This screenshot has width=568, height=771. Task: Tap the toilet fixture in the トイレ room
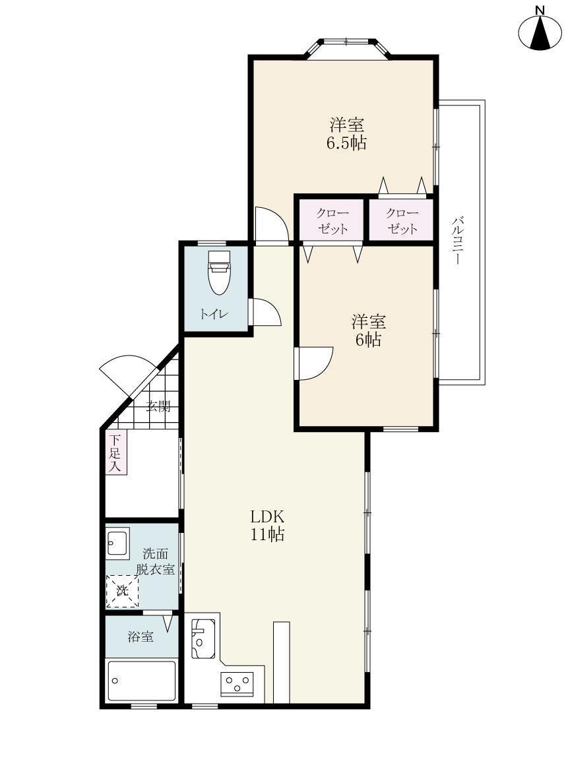click(x=219, y=272)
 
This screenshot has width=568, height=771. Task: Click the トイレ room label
click(x=214, y=314)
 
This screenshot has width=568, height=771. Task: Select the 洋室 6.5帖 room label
click(x=347, y=133)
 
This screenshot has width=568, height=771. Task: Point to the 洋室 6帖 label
click(x=368, y=330)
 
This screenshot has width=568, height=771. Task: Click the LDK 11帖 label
click(x=268, y=525)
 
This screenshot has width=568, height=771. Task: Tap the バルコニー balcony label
click(x=457, y=241)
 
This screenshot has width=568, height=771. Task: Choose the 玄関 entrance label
click(x=158, y=406)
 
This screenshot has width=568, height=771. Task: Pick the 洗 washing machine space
click(x=123, y=590)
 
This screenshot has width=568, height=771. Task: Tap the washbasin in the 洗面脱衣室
click(x=117, y=542)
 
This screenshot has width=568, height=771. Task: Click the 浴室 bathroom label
click(x=141, y=636)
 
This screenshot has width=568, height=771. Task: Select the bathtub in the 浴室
click(x=142, y=681)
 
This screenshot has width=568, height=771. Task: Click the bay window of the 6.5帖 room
click(x=346, y=47)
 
